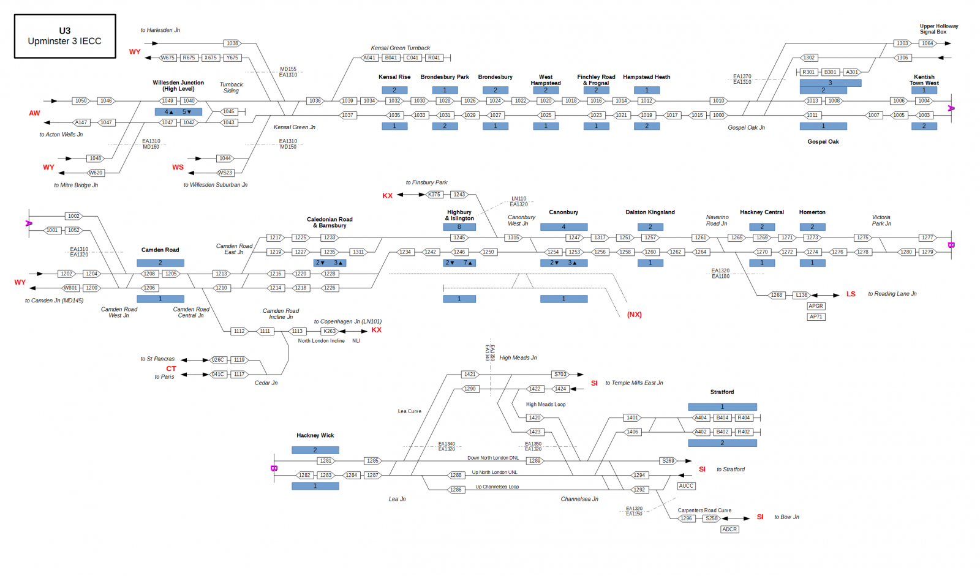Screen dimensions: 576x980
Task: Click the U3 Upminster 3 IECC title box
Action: click(65, 36)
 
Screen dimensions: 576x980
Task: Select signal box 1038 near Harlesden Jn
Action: click(232, 43)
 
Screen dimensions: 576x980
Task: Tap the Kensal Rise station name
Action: click(394, 77)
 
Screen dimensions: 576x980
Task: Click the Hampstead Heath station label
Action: click(646, 77)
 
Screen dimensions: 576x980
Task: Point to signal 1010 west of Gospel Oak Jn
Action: click(718, 101)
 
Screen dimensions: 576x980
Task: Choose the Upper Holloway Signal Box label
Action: click(938, 29)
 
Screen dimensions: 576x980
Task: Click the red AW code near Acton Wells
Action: click(34, 113)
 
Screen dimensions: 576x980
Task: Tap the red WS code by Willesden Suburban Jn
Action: click(178, 167)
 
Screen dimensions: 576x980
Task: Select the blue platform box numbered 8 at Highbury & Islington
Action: click(459, 227)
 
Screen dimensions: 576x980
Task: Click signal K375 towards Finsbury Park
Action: click(434, 195)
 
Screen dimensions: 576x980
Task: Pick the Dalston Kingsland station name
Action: click(650, 212)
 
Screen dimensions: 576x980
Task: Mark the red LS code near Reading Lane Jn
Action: click(851, 294)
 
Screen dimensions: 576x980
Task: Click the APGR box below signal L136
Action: click(816, 306)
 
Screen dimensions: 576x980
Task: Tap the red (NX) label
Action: click(634, 315)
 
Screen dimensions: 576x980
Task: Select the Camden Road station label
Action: click(160, 250)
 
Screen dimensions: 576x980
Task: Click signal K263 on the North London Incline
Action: click(330, 331)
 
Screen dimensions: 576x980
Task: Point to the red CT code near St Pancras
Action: click(171, 368)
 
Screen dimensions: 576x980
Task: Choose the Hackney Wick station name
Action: click(315, 436)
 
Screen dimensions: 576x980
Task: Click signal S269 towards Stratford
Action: click(668, 461)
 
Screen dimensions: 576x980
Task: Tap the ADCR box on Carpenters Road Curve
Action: click(729, 529)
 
